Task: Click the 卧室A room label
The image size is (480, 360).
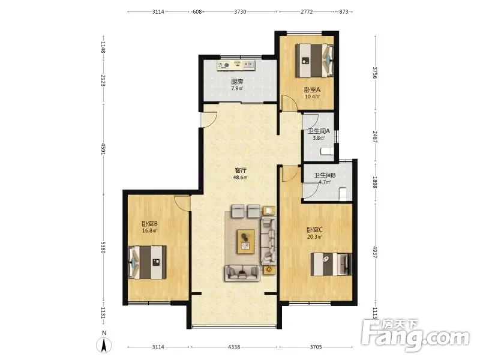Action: pyautogui.click(x=312, y=90)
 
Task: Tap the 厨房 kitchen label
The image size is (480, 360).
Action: pyautogui.click(x=237, y=82)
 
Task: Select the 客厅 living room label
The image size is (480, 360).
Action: pyautogui.click(x=241, y=170)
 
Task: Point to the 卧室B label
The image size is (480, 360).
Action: pyautogui.click(x=149, y=224)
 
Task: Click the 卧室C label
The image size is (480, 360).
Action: pyautogui.click(x=314, y=230)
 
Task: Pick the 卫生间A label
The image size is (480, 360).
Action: pyautogui.click(x=319, y=131)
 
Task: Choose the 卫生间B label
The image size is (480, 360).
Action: pyautogui.click(x=325, y=175)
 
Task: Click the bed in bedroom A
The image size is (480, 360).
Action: pyautogui.click(x=314, y=61)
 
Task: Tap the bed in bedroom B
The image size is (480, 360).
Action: pyautogui.click(x=147, y=262)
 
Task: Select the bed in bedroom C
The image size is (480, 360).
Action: pyautogui.click(x=331, y=264)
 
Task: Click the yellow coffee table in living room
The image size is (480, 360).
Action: pyautogui.click(x=246, y=242)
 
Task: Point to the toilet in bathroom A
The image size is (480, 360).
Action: pyautogui.click(x=327, y=151)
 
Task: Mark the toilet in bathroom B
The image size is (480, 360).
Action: pyautogui.click(x=343, y=194)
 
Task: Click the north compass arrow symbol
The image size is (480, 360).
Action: pyautogui.click(x=104, y=346)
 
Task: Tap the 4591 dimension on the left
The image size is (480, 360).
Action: pyautogui.click(x=103, y=149)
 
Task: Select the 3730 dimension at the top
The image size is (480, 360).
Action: pyautogui.click(x=240, y=11)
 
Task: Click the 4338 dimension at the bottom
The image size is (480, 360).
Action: pyautogui.click(x=234, y=347)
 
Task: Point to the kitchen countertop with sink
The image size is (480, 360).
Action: pyautogui.click(x=236, y=65)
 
